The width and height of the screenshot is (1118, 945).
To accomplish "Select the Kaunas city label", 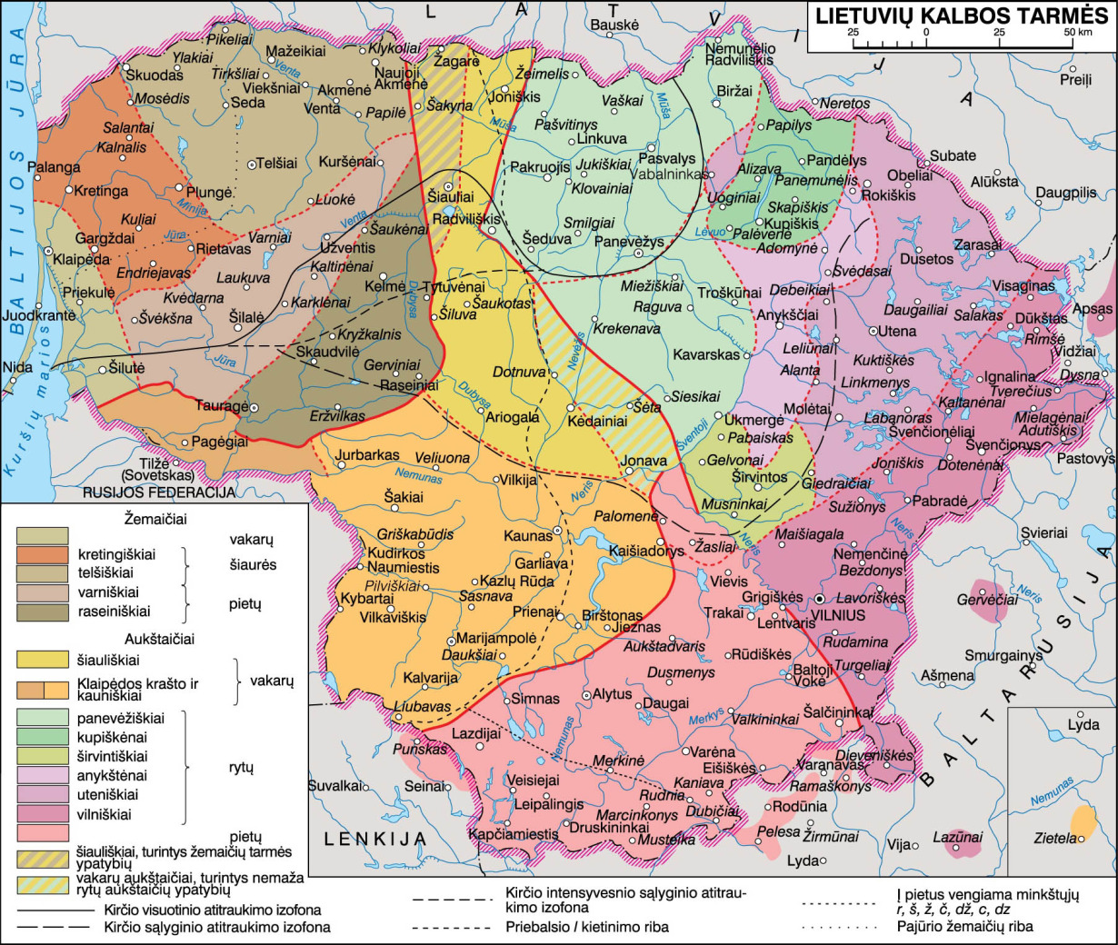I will (528, 536).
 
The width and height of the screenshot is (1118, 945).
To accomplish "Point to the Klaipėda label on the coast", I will (81, 259).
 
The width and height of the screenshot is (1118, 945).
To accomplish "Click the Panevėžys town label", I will (629, 242).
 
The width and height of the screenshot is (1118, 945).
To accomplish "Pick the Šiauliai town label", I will (452, 196).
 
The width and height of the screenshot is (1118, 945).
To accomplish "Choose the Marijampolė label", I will (496, 638).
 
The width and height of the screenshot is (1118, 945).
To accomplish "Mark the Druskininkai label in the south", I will (609, 828).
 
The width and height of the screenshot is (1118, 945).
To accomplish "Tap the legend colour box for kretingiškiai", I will (43, 554).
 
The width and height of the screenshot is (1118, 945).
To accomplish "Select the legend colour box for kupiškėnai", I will (43, 737).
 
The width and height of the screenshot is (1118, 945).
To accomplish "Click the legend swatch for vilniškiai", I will (43, 814).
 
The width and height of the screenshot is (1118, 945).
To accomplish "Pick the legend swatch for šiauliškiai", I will (43, 660).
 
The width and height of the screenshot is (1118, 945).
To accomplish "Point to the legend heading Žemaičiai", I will (155, 520).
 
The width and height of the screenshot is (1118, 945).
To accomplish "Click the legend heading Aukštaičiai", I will (159, 639).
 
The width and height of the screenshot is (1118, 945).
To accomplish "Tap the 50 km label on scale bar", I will (1078, 33).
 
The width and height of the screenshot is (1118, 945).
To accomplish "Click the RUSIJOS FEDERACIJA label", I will (159, 492).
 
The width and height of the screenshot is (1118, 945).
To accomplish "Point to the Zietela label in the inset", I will (1054, 839).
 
